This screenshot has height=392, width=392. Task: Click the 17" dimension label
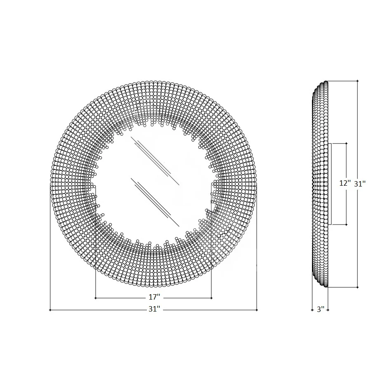click(x=154, y=297)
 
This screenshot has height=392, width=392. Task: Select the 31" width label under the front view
click(x=154, y=309)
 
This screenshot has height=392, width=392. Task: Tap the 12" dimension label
click(x=345, y=183)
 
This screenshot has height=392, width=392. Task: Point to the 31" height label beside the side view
click(x=360, y=184)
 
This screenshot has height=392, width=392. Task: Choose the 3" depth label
click(x=321, y=309)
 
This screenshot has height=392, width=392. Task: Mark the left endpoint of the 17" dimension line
click(x=95, y=298)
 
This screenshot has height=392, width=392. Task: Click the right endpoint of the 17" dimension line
click(x=212, y=298)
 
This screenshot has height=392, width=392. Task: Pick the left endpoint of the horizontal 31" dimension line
click(x=50, y=310)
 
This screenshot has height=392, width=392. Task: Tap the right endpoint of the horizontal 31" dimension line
click(x=257, y=310)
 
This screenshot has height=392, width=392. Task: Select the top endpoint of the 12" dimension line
click(x=347, y=143)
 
